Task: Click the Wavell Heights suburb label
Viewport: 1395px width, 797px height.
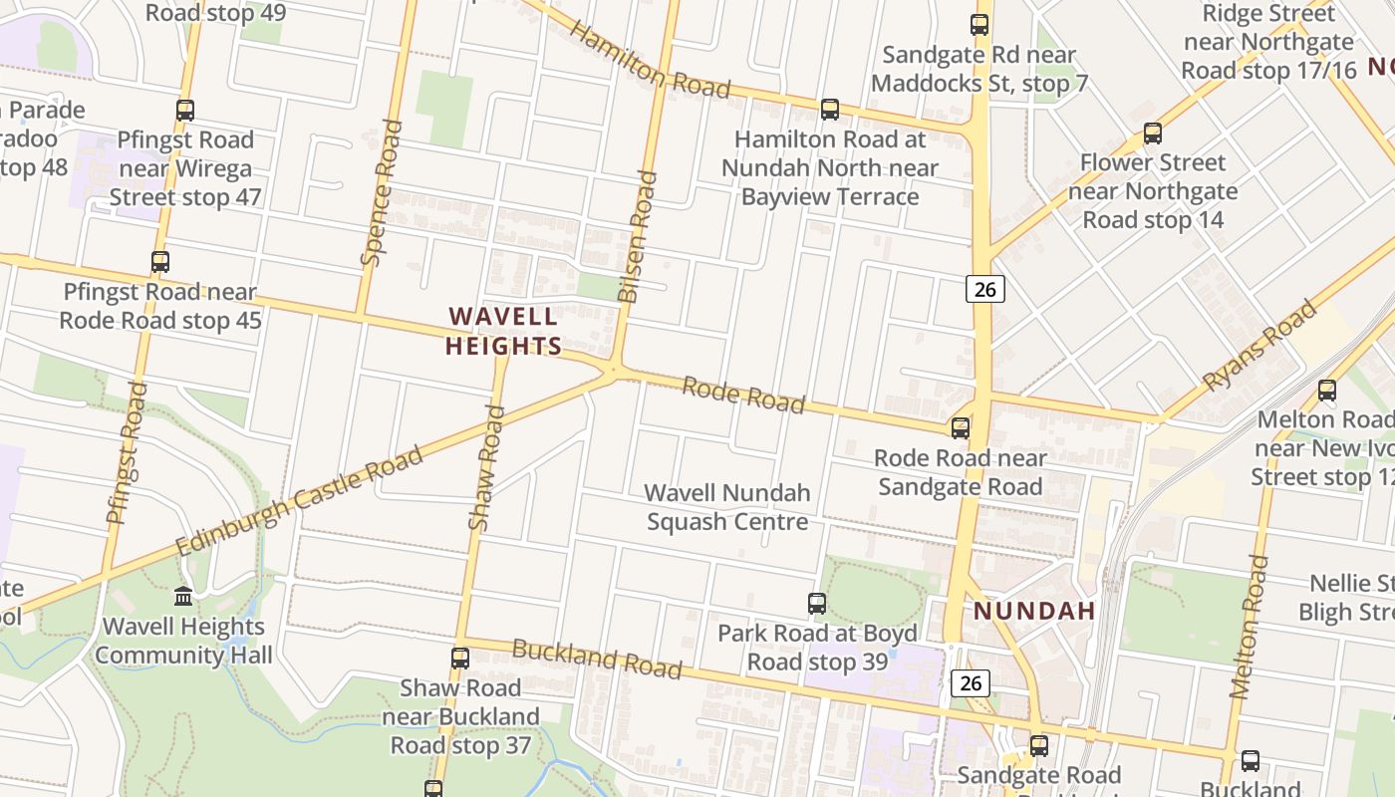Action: [x=503, y=332]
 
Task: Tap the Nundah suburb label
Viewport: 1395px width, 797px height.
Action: [x=1034, y=611]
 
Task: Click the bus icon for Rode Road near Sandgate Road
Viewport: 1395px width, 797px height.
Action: [x=961, y=428]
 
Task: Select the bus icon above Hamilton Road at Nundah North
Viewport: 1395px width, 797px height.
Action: [x=830, y=110]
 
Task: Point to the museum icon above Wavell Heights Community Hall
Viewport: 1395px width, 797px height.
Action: [x=183, y=596]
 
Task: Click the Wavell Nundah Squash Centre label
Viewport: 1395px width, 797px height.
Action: [x=727, y=507]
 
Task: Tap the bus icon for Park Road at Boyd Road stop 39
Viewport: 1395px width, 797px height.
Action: [x=817, y=603]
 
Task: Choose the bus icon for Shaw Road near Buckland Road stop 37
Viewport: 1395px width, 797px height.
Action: [x=460, y=658]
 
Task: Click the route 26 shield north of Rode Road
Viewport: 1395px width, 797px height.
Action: [x=984, y=290]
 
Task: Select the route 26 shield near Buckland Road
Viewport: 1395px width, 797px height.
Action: [x=971, y=682]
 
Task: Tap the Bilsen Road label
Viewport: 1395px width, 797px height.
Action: [x=638, y=237]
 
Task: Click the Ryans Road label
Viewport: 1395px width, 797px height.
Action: [x=1259, y=346]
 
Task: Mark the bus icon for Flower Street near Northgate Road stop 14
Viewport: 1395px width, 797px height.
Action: [x=1153, y=133]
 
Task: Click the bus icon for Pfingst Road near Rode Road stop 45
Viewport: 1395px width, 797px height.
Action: [x=160, y=262]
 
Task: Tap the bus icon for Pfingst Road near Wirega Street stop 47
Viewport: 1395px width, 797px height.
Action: [x=185, y=111]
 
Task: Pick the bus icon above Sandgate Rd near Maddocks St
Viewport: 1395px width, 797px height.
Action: [x=979, y=25]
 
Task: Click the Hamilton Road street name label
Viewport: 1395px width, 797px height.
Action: [x=651, y=61]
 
